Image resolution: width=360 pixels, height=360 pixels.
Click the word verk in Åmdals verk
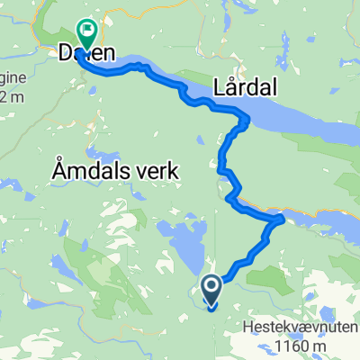coord(161,168)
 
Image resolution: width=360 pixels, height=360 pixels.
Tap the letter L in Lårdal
coord(220,86)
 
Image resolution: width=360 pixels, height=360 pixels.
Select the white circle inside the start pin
coord(212,287)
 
